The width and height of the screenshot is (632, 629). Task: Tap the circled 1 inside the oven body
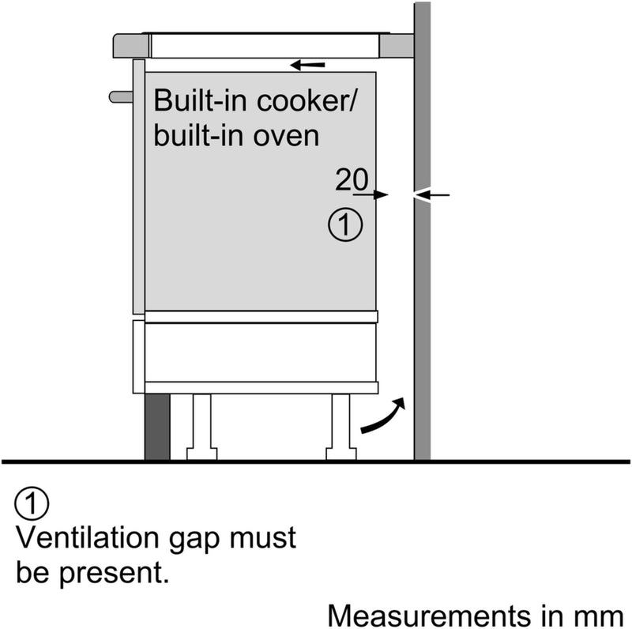point(344,225)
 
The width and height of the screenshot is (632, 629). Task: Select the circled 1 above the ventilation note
point(32,505)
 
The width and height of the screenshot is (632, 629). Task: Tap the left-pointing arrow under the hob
point(307,64)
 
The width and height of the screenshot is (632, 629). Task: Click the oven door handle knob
point(121,96)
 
